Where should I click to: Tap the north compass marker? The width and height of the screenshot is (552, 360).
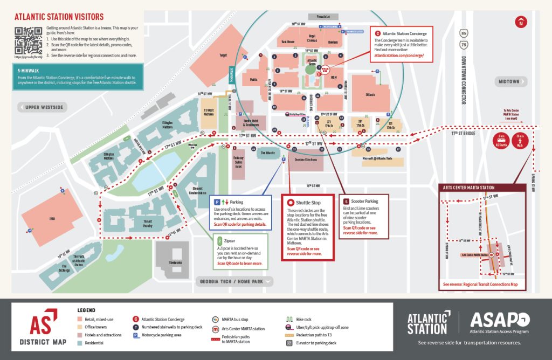[520, 23]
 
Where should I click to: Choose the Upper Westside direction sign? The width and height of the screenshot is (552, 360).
[43, 107]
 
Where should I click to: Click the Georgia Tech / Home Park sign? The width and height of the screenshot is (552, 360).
[233, 281]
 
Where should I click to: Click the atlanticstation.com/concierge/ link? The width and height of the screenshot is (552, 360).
[399, 56]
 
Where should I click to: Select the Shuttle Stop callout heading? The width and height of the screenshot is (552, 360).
[308, 203]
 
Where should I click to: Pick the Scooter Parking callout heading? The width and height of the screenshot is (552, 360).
[364, 201]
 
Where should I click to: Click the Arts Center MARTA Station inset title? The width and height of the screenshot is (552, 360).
[468, 188]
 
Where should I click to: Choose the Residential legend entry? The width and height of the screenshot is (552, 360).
[94, 343]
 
